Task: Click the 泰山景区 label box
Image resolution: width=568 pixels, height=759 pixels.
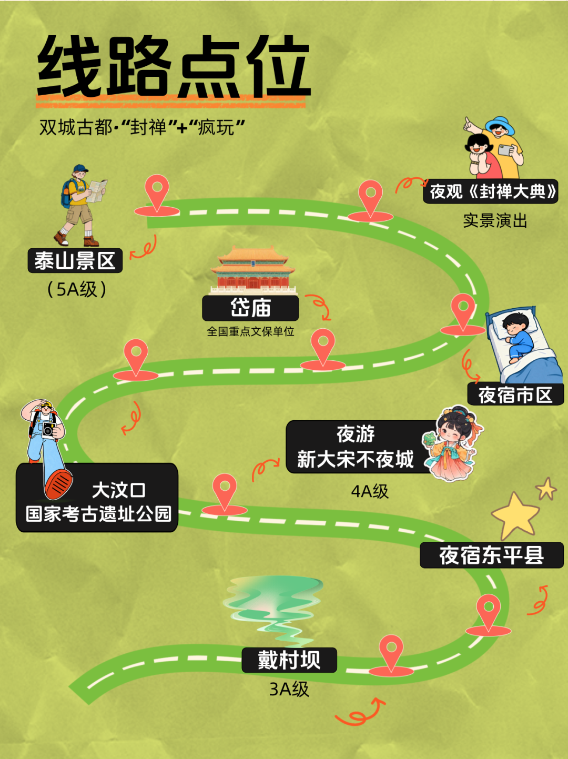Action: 75,260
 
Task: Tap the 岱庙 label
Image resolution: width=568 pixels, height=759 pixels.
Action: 250,308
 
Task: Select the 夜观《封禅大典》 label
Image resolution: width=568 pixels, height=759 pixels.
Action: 491,191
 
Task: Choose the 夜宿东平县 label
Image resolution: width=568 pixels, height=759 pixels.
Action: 492,555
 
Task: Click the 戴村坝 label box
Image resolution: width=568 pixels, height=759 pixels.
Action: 289,660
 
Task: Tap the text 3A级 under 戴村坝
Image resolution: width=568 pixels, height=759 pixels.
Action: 289,689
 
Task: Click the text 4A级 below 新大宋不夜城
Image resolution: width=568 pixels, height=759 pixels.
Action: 370,491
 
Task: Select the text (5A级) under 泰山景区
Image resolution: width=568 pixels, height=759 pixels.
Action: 76,289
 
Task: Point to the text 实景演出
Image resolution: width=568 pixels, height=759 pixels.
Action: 495,220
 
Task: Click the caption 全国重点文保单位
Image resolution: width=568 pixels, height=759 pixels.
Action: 250,331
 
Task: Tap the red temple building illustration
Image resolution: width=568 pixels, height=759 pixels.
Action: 252,270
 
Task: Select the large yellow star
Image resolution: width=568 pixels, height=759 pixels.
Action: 515,515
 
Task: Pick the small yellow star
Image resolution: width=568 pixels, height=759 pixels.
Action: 546,489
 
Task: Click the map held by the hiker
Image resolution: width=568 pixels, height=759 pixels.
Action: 97,190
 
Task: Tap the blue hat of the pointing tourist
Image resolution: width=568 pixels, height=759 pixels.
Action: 500,125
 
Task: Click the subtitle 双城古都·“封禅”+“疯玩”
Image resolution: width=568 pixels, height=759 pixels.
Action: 142,127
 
